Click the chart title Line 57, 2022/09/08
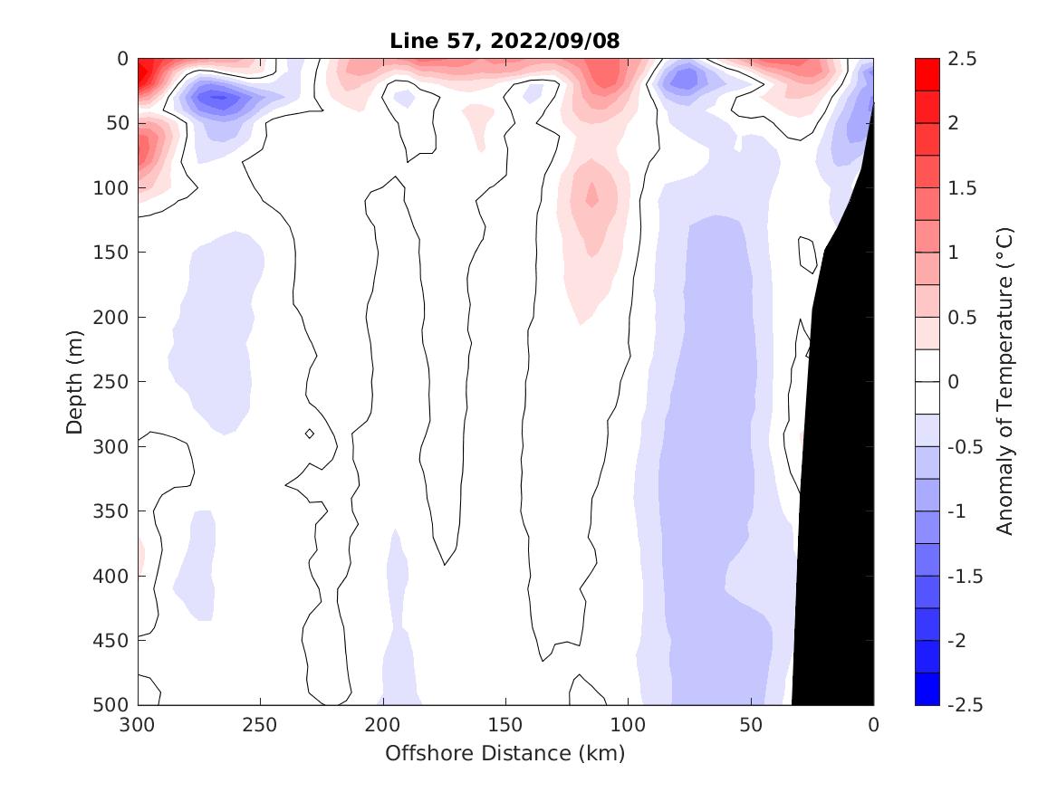(505, 41)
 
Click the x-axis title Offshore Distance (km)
(505, 753)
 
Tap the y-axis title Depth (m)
(75, 381)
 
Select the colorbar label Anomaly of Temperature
(1003, 381)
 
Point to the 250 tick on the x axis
(260, 725)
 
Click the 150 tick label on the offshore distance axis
(505, 725)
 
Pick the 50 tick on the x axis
(751, 725)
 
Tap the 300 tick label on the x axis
(138, 725)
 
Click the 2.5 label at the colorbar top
(962, 59)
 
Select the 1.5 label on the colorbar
(962, 188)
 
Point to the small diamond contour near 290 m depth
(310, 434)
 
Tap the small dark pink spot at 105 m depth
(591, 194)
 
